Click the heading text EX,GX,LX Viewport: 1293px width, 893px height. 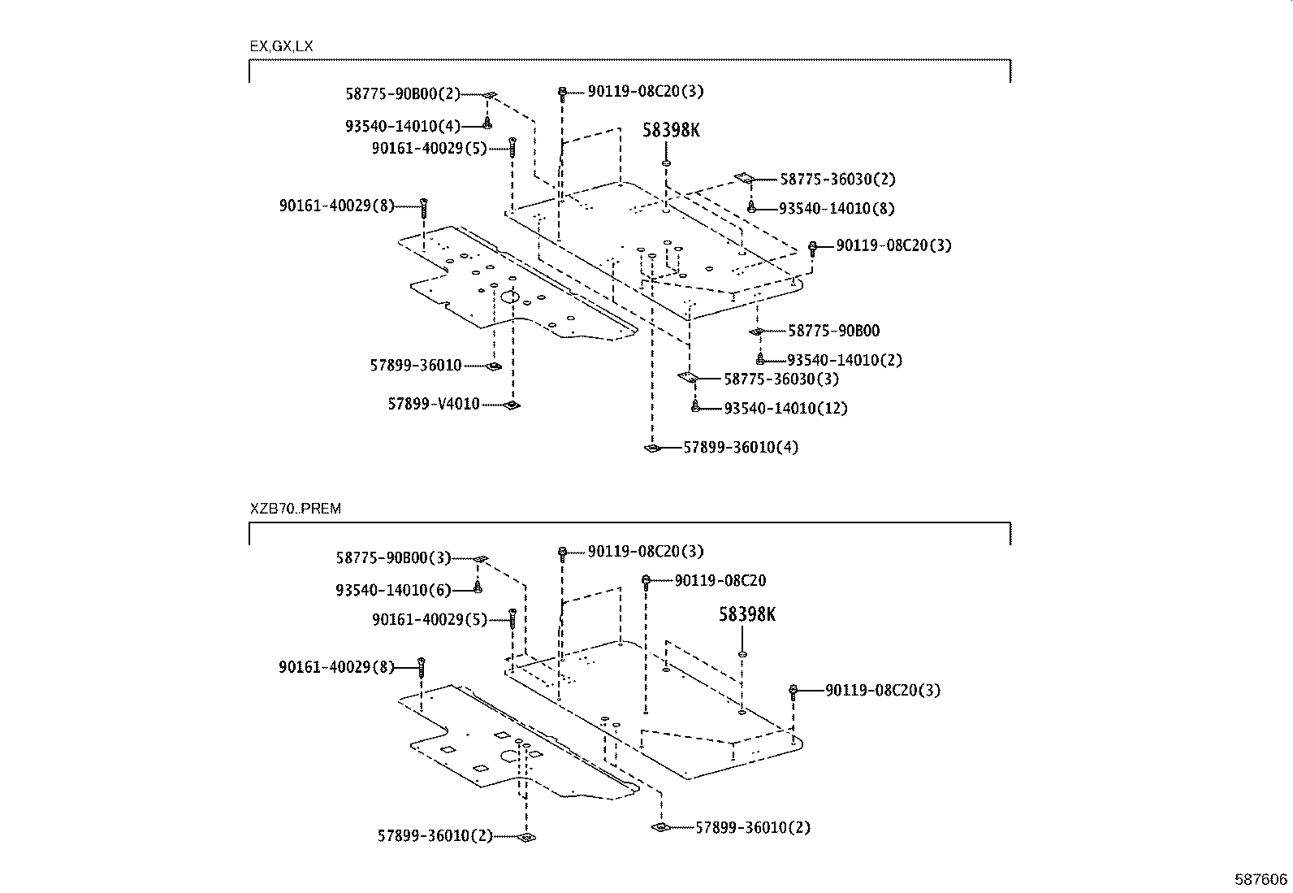click(281, 46)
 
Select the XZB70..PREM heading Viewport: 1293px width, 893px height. click(296, 509)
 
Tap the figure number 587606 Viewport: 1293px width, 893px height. click(1261, 879)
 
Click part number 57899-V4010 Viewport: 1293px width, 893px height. click(433, 404)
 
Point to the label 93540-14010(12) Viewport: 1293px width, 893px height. click(785, 408)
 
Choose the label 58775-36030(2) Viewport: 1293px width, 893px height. click(838, 179)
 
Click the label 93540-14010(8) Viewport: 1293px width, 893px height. click(837, 208)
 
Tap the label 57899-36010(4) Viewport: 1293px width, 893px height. click(741, 447)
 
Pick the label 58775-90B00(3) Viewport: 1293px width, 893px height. click(393, 558)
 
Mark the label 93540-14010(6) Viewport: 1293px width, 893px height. click(393, 590)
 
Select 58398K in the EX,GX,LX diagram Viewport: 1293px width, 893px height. click(671, 130)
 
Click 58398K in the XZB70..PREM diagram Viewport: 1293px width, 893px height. click(746, 615)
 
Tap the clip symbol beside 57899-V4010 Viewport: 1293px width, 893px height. click(511, 405)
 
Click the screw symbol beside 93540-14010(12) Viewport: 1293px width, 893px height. click(695, 406)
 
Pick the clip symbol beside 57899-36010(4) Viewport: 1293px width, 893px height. click(651, 448)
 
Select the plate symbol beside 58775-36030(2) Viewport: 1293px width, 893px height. click(745, 178)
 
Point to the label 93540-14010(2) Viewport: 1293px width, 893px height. click(845, 360)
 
